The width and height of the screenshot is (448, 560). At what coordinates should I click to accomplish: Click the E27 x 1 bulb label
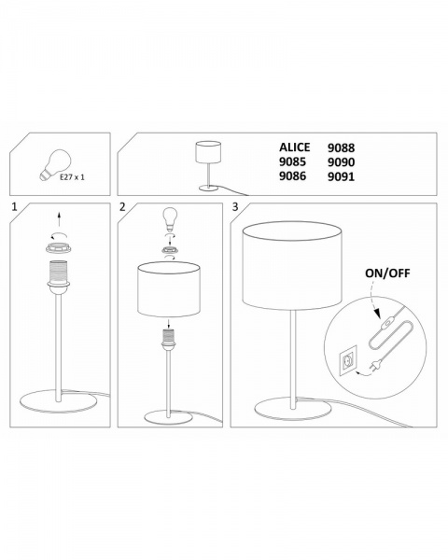72,177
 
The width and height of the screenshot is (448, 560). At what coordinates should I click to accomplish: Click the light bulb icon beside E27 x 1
55,165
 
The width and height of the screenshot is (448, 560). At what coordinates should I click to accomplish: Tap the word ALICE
294,147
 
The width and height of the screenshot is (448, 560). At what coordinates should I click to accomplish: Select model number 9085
292,161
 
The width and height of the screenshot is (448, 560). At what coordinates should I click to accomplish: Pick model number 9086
292,176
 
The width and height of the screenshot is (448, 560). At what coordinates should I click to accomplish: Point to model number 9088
342,147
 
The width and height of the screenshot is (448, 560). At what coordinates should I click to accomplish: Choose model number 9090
342,162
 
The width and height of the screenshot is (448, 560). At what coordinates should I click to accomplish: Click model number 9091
342,176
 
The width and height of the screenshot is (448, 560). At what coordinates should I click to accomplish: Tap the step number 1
14,207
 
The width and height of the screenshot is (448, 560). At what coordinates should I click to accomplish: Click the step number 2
122,207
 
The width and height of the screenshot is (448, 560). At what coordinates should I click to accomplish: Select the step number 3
235,207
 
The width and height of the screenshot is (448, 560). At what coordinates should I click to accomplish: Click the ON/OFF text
387,273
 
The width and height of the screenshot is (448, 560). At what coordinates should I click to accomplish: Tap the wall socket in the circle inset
348,359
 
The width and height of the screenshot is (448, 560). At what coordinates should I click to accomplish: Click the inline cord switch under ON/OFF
386,326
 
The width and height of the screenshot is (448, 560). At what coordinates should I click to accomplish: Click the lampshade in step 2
168,289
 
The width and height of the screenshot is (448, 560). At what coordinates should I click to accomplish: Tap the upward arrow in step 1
59,218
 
